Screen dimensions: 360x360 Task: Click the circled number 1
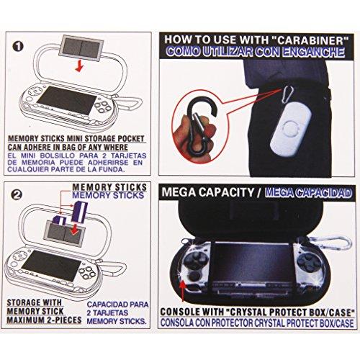tap(18, 46)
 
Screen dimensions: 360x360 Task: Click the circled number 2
tap(17, 194)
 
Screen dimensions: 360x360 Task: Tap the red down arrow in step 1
tap(79, 66)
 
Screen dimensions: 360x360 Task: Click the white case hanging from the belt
tap(291, 130)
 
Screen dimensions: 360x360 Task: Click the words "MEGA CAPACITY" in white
tap(208, 192)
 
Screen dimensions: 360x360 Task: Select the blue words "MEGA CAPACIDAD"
tap(308, 192)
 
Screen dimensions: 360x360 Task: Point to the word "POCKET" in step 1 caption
tap(130, 138)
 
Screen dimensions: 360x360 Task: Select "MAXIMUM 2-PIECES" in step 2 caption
tap(44, 320)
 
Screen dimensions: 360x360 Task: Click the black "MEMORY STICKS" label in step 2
tap(109, 187)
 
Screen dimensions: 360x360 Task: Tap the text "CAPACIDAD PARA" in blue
tap(117, 305)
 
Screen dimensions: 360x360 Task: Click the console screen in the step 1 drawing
tap(66, 101)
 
